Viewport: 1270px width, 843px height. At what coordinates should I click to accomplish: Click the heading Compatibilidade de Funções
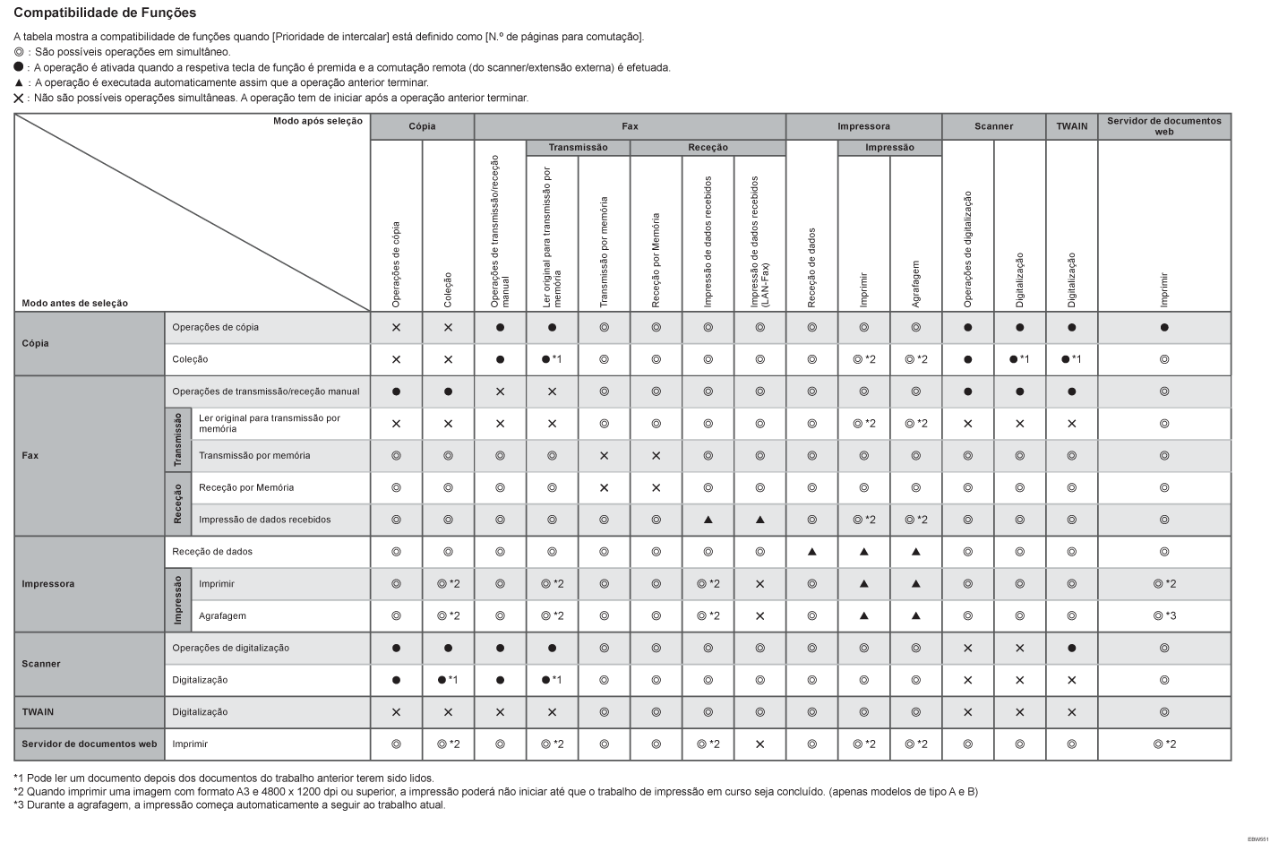pos(105,13)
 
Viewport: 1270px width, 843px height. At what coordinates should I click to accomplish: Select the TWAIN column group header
pos(1071,126)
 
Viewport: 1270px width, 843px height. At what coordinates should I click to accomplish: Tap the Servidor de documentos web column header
pos(1163,126)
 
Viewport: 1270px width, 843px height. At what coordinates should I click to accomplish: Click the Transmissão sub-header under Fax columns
pos(578,147)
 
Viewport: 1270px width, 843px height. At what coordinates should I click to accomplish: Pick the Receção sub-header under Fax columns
pos(708,147)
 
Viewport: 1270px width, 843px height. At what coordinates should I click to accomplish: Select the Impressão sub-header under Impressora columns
pos(889,147)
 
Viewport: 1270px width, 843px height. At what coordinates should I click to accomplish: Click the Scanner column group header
pos(993,126)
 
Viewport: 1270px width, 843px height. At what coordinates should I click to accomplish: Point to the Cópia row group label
pos(36,343)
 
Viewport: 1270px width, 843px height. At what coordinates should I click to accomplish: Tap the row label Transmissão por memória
pos(254,455)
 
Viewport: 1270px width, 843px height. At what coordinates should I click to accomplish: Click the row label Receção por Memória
pos(246,487)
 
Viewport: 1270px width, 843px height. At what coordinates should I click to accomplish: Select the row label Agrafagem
pos(222,615)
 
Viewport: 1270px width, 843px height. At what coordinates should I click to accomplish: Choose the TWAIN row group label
pos(38,712)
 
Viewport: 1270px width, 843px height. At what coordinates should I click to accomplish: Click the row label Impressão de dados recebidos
pos(264,520)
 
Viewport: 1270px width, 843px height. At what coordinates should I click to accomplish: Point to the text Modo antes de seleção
pos(75,303)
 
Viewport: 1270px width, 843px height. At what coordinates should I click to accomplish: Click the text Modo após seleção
pos(318,121)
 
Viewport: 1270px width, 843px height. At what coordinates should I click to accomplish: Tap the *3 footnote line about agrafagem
pos(229,804)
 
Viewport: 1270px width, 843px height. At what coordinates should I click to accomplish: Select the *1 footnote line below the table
pos(224,778)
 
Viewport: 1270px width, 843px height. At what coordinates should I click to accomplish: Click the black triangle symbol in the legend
pos(19,82)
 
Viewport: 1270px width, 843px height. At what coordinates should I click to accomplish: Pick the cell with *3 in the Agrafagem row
pos(1164,615)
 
